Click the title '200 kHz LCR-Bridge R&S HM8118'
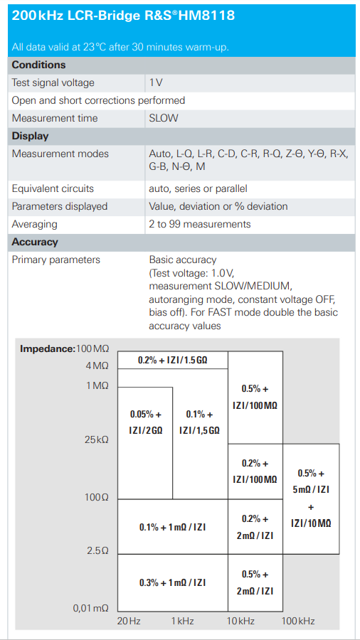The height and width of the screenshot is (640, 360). pyautogui.click(x=123, y=16)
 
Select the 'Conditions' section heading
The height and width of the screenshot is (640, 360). pyautogui.click(x=39, y=65)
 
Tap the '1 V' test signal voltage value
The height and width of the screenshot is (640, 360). pyautogui.click(x=156, y=83)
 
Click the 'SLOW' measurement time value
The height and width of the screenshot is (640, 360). pyautogui.click(x=164, y=118)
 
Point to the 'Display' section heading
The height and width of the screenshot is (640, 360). pyautogui.click(x=30, y=136)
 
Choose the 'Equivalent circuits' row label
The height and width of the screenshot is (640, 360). pyautogui.click(x=53, y=189)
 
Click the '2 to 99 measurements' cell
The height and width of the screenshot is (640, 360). pyautogui.click(x=200, y=224)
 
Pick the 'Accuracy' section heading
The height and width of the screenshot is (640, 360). pyautogui.click(x=35, y=242)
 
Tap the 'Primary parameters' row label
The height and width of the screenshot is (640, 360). pyautogui.click(x=55, y=260)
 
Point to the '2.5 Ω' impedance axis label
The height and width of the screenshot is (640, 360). pyautogui.click(x=97, y=550)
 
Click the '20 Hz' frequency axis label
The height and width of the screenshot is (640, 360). pyautogui.click(x=129, y=622)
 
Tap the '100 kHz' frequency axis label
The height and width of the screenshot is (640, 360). pyautogui.click(x=298, y=622)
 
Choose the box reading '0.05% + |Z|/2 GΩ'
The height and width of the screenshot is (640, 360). pyautogui.click(x=145, y=443)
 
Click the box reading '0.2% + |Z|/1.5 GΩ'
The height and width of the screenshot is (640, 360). pyautogui.click(x=173, y=360)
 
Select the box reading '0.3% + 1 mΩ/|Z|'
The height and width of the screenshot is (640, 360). pyautogui.click(x=173, y=582)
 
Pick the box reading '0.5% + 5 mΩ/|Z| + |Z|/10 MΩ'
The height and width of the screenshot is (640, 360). pyautogui.click(x=311, y=498)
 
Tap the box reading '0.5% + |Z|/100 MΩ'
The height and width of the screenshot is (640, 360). pyautogui.click(x=255, y=398)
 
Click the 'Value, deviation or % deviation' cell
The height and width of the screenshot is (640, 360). pyautogui.click(x=218, y=206)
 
